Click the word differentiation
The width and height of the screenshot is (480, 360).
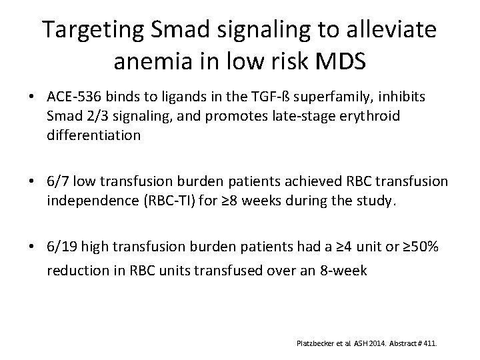[93, 135]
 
